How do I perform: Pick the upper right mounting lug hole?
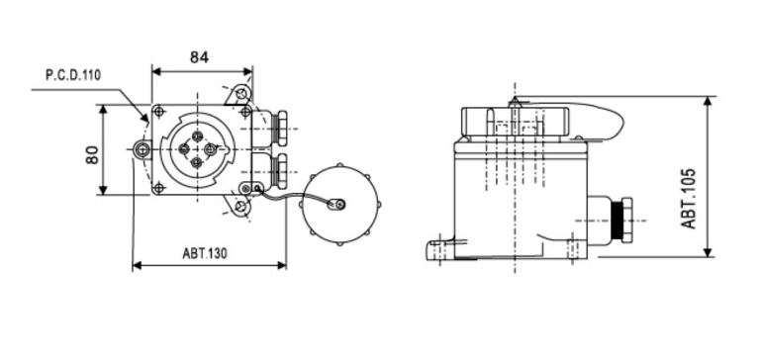click(x=241, y=97)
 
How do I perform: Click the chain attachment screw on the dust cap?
click(x=338, y=206)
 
